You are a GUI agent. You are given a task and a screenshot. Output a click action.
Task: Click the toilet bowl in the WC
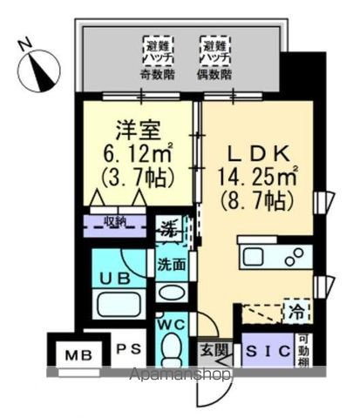(x=171, y=352)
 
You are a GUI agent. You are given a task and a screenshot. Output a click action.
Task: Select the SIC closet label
(x=260, y=352)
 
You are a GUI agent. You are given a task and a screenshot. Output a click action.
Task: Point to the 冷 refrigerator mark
(x=298, y=308)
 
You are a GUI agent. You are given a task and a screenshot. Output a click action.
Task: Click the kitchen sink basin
(x=258, y=257)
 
